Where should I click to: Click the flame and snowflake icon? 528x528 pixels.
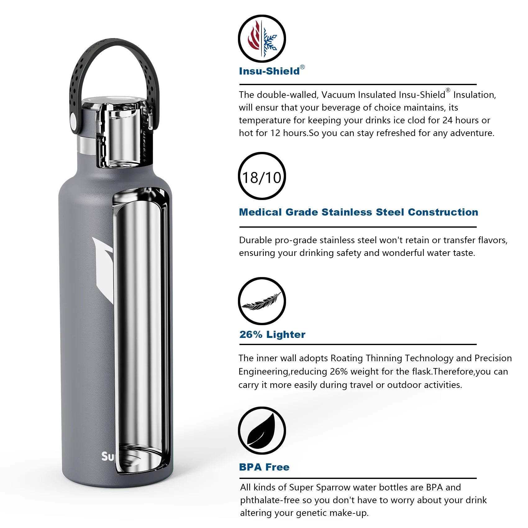(262, 39)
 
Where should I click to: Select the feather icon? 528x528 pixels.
(262, 301)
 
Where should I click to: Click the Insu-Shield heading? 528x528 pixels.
(269, 71)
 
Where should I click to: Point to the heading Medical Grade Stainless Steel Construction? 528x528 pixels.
(358, 212)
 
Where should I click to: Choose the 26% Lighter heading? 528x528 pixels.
(272, 335)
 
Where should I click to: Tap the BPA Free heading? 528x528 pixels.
(264, 467)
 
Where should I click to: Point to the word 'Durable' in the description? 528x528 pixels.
(255, 240)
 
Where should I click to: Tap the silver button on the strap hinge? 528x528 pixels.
(74, 121)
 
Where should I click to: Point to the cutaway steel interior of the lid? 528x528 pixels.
(123, 134)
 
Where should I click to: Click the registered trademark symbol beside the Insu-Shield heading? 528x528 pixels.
(302, 67)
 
